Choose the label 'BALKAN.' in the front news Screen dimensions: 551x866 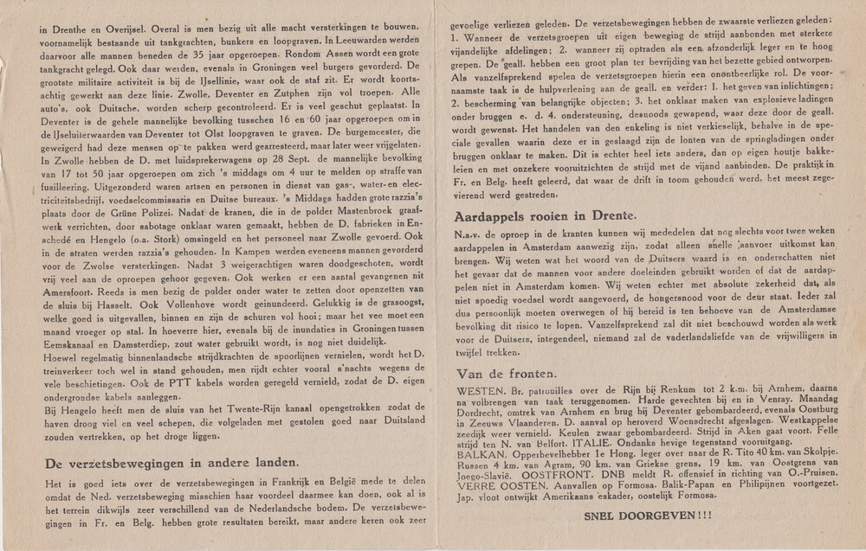pyautogui.click(x=476, y=452)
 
